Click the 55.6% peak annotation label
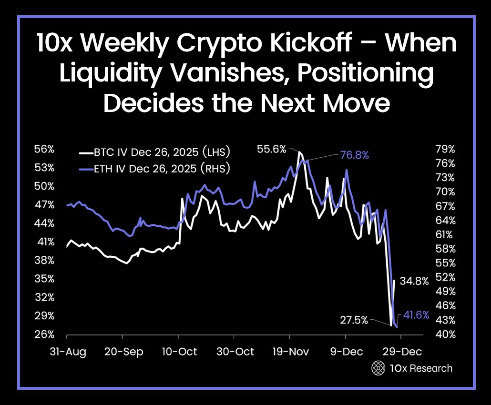pyautogui.click(x=272, y=149)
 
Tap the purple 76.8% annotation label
pyautogui.click(x=354, y=155)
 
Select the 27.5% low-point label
pyautogui.click(x=354, y=320)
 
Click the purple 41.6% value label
pyautogui.click(x=416, y=315)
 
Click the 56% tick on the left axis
pyautogui.click(x=44, y=149)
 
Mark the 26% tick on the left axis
pyautogui.click(x=44, y=334)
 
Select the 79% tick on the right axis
pyautogui.click(x=446, y=149)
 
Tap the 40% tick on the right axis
pyautogui.click(x=446, y=334)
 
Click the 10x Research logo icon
pyautogui.click(x=378, y=368)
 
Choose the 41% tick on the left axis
pyautogui.click(x=44, y=242)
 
